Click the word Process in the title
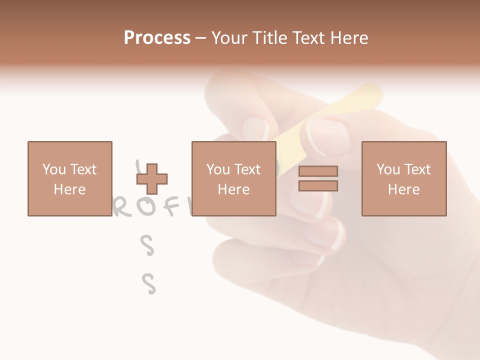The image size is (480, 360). pos(157,38)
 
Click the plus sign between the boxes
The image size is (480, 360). pos(152,179)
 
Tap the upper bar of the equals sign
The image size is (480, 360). pos(318,171)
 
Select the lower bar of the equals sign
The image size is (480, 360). pos(318,185)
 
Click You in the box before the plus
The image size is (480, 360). pos(53,169)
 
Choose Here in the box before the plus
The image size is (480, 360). pos(69,189)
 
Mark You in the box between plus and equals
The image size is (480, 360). pos(217,169)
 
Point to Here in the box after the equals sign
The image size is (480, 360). pos(403,189)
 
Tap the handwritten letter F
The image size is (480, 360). pos(170,206)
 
